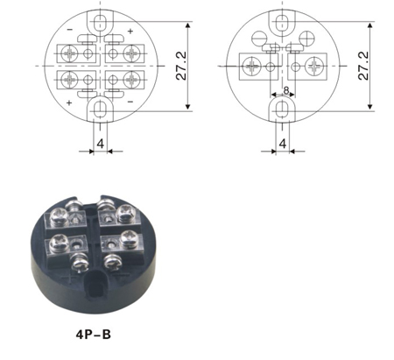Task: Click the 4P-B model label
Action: click(94, 335)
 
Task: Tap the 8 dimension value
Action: click(286, 90)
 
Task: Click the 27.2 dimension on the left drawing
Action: click(181, 66)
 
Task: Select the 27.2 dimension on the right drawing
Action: click(363, 66)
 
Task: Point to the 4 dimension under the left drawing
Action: click(101, 144)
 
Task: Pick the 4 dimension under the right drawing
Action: click(283, 144)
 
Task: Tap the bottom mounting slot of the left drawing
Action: click(101, 109)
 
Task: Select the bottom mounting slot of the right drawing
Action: click(282, 109)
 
